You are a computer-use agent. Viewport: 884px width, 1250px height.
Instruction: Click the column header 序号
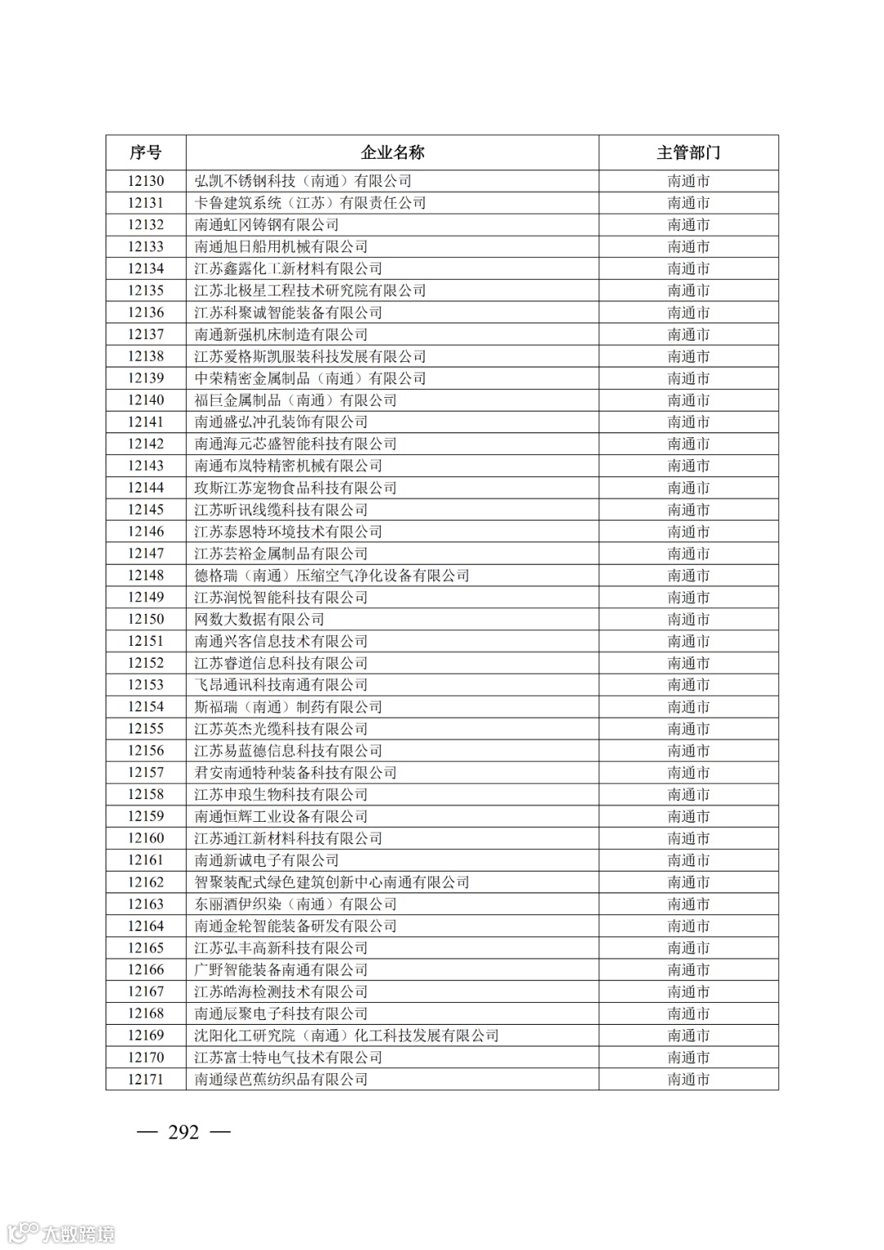click(146, 152)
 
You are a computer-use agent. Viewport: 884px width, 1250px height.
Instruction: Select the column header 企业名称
click(392, 152)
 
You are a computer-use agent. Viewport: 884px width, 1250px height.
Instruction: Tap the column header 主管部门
click(688, 152)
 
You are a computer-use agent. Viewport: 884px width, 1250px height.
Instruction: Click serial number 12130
click(146, 181)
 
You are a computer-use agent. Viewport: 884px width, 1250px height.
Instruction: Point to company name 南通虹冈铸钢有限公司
click(267, 225)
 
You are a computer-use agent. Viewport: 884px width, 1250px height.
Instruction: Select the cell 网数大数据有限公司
click(259, 620)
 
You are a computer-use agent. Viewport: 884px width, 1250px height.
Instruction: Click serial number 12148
click(146, 575)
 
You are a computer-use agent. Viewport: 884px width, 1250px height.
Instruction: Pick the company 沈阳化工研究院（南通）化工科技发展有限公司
click(346, 1036)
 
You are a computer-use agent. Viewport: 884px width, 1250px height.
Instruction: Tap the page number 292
click(183, 1132)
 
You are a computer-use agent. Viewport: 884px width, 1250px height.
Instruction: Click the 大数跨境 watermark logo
click(61, 1233)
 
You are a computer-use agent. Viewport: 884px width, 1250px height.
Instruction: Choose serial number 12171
click(146, 1080)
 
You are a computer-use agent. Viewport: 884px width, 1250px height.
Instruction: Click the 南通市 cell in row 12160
click(688, 838)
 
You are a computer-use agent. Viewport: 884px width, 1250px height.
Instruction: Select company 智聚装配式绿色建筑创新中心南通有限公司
click(331, 882)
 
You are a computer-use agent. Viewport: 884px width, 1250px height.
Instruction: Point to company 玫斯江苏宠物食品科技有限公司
click(295, 488)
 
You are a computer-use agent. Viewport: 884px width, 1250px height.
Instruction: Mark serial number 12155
click(146, 729)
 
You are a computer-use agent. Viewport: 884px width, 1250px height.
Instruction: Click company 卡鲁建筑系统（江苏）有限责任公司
click(310, 203)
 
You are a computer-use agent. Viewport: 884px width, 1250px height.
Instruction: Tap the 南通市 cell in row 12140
click(688, 400)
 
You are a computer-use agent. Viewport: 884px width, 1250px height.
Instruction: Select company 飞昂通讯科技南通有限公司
click(281, 685)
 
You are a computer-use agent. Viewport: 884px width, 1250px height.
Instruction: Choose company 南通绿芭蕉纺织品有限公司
click(281, 1080)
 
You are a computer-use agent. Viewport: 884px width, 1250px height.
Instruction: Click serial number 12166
click(146, 970)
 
